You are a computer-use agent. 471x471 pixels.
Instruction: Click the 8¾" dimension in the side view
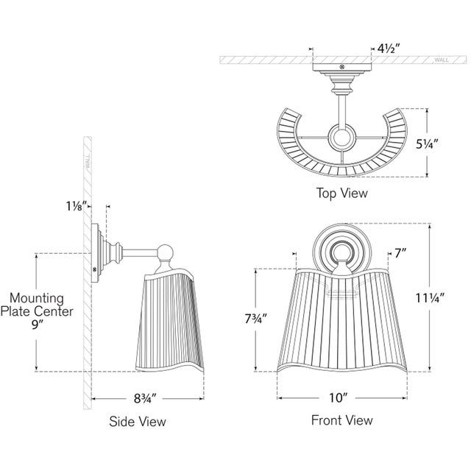coord(144,398)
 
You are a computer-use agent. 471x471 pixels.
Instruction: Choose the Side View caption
coord(138,422)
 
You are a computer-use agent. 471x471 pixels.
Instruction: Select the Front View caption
coord(342,420)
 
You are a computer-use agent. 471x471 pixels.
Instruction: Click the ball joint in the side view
coord(168,253)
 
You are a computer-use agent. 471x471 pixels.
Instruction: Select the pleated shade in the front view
coord(341,324)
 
